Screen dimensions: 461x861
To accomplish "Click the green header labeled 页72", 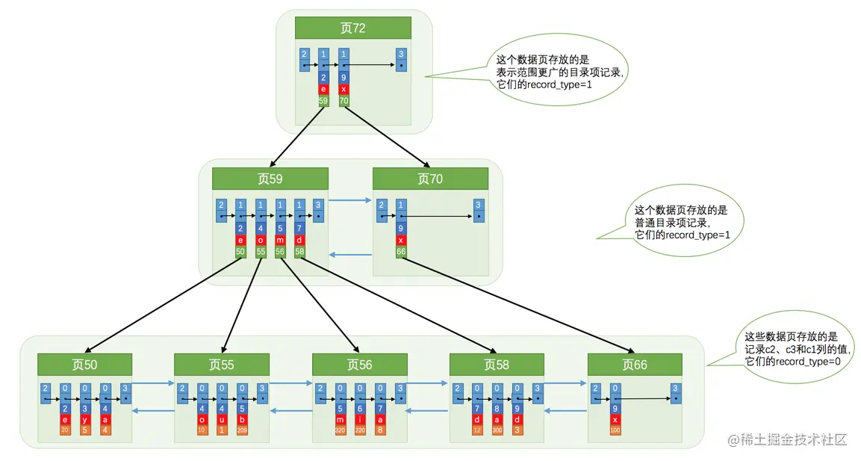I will pyautogui.click(x=353, y=28).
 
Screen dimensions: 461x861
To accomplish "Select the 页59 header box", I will pyautogui.click(x=270, y=179).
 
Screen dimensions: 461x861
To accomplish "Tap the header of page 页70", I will pyautogui.click(x=430, y=179).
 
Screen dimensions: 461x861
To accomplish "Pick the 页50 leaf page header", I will pyautogui.click(x=84, y=365).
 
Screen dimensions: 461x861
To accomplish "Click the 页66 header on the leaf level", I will pyautogui.click(x=635, y=365).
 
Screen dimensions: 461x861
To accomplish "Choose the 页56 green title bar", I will pyautogui.click(x=359, y=365).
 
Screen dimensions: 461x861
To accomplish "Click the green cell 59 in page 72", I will pyautogui.click(x=323, y=99).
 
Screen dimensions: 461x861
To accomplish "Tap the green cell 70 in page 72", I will pyautogui.click(x=344, y=99).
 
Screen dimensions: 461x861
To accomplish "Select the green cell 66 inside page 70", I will pyautogui.click(x=401, y=253).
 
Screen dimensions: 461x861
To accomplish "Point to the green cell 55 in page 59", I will pyautogui.click(x=261, y=253).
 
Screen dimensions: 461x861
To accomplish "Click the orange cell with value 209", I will pyautogui.click(x=242, y=430).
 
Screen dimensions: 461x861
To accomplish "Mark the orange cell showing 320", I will pyautogui.click(x=341, y=430).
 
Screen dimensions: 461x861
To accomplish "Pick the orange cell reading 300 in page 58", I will pyautogui.click(x=497, y=430).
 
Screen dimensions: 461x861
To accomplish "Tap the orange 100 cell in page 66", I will pyautogui.click(x=615, y=430).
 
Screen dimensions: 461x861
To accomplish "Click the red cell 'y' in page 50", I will pyautogui.click(x=85, y=419).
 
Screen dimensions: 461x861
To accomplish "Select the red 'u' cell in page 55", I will pyautogui.click(x=222, y=419).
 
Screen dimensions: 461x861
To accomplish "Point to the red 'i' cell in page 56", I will pyautogui.click(x=360, y=419).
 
